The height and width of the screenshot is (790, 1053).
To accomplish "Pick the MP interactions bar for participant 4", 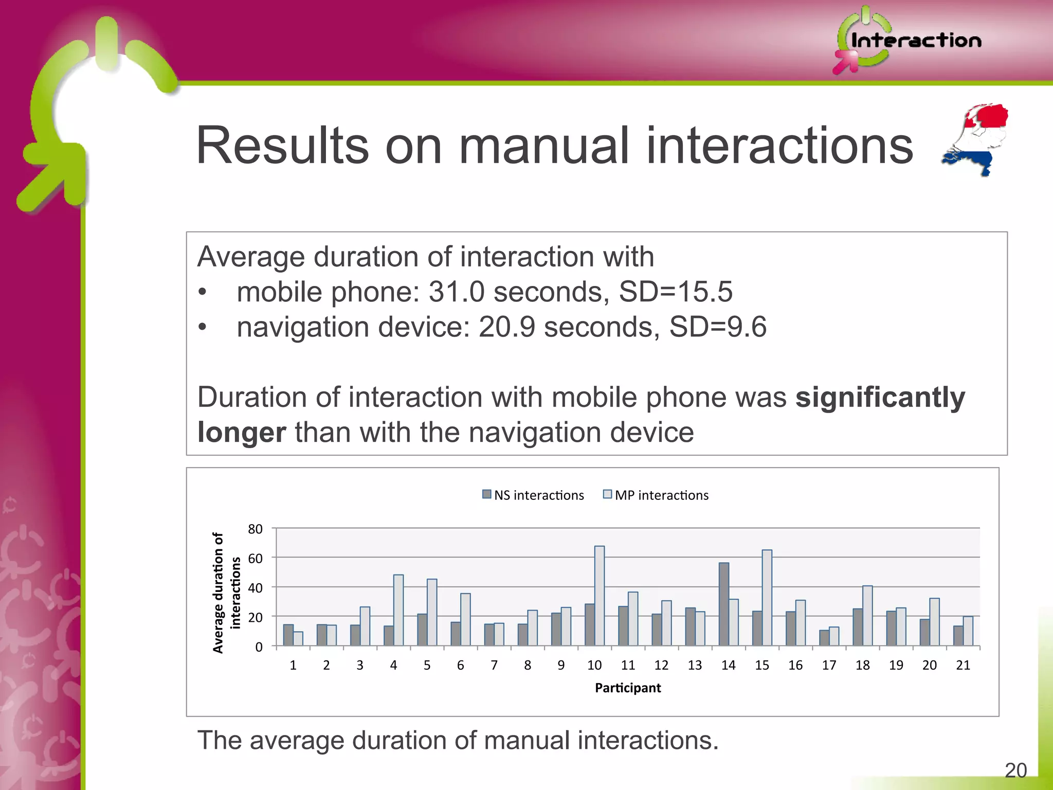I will pos(398,610).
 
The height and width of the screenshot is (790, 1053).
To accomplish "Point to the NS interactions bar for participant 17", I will pos(824,638).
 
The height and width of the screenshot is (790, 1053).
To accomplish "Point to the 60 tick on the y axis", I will pos(255,558).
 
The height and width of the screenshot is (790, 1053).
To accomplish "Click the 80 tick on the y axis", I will pos(255,529).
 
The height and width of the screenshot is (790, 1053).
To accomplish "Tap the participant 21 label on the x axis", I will pos(963,665).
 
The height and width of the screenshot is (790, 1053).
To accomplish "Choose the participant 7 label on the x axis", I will pos(494,665).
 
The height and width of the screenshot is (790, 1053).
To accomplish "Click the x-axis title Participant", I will pos(627,688).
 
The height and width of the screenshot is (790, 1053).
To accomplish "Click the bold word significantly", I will pos(880,397).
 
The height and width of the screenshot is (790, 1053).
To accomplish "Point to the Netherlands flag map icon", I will pos(975,139).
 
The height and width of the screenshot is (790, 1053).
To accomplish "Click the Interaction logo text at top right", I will pos(915,40).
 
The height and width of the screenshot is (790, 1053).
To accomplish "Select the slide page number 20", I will pos(1015,770).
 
